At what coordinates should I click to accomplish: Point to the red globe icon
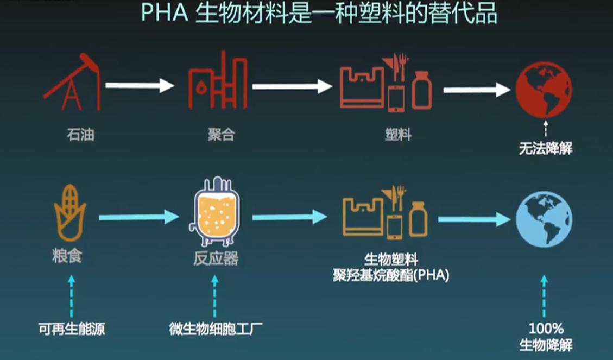544,90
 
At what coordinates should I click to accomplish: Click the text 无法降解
545,149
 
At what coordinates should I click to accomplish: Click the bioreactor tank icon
216,211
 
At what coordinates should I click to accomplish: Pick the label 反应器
216,259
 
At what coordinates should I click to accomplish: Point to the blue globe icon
544,220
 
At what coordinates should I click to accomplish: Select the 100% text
545,329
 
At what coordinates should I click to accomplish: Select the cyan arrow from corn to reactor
138,217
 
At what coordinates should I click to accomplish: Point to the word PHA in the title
165,15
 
